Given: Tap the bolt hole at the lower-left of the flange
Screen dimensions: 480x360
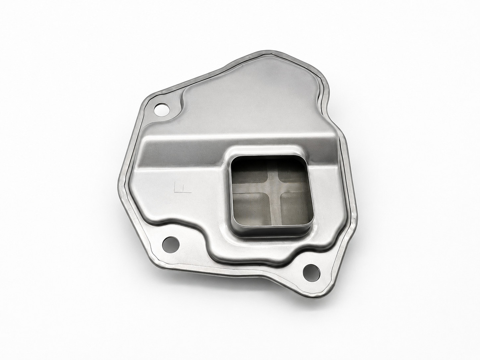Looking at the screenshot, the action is (171, 244).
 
